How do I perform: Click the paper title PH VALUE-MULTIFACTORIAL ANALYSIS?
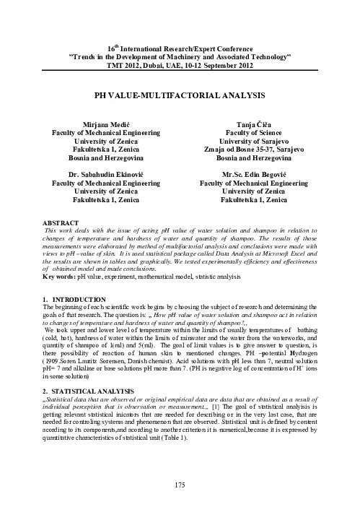(179, 95)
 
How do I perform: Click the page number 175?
(180, 485)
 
